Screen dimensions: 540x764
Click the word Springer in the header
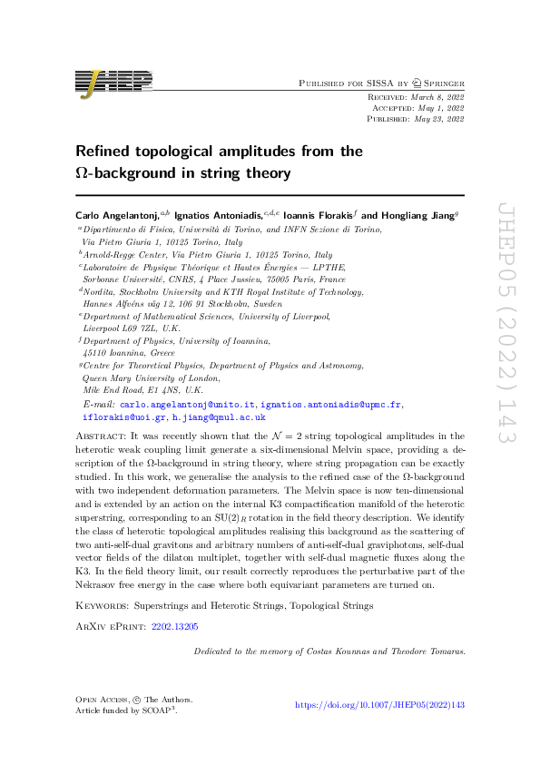pos(440,83)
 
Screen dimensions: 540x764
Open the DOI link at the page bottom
pos(380,704)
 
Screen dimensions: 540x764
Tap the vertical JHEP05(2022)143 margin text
pos(505,321)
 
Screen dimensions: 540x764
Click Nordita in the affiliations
pos(99,292)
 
